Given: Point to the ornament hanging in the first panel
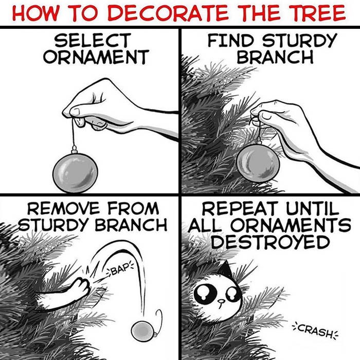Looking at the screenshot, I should coord(76,170).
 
